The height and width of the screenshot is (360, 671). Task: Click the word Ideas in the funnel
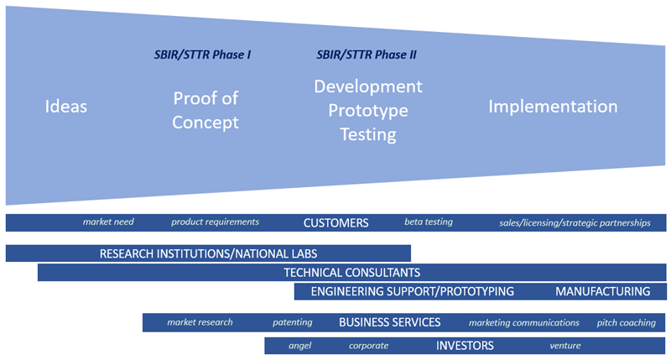66,107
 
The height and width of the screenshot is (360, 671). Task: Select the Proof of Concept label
205,110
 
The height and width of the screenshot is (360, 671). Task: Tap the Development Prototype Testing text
368,110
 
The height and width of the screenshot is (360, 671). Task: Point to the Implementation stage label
553,107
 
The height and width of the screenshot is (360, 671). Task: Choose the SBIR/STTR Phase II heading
367,55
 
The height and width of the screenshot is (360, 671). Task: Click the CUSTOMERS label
335,223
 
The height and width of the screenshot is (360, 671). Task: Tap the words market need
108,222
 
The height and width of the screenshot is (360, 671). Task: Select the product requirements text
215,222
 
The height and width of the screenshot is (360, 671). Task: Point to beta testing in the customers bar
428,222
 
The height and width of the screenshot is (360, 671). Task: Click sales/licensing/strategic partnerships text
575,223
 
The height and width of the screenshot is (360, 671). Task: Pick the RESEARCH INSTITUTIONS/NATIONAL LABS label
208,253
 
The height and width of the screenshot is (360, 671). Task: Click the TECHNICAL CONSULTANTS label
351,273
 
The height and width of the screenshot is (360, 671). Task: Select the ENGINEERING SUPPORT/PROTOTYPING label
412,292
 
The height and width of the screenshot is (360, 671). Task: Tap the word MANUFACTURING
602,292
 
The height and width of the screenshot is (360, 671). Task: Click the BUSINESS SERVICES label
389,322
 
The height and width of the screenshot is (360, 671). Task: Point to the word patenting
292,322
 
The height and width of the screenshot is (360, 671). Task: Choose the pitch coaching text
626,322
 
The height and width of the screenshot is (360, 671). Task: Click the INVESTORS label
465,346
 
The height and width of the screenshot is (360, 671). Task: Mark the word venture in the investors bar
565,346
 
